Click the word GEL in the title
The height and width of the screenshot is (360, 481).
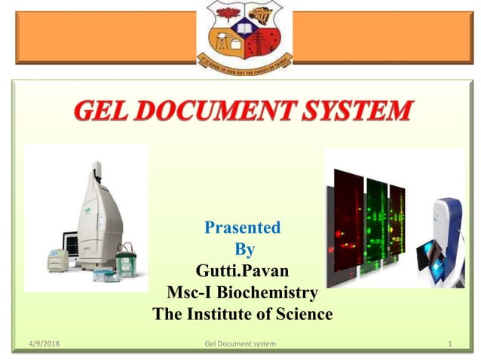coord(105,112)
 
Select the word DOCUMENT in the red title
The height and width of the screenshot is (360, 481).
coord(224,112)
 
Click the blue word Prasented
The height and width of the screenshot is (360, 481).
coord(242,227)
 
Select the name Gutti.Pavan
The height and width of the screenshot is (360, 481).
coord(242,270)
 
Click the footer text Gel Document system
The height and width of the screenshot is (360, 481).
coord(240,344)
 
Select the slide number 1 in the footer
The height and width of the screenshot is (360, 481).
coord(449,344)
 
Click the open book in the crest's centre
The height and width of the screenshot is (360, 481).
coord(241,29)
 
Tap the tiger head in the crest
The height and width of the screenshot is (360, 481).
coord(264,14)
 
